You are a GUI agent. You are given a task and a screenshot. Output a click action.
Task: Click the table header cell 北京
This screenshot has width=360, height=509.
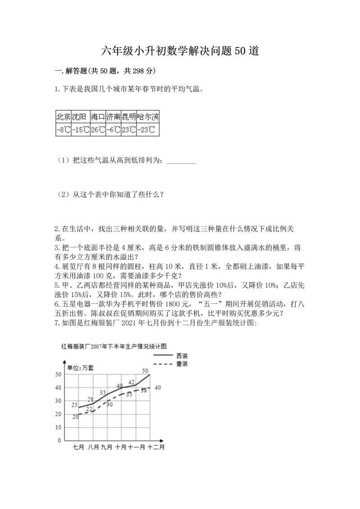point(63,117)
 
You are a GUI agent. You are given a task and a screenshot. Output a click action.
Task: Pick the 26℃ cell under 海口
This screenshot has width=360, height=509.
point(98,130)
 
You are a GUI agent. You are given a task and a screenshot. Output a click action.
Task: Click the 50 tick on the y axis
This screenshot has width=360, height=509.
point(58,374)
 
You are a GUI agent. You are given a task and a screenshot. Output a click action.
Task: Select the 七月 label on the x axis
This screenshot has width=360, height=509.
point(79,447)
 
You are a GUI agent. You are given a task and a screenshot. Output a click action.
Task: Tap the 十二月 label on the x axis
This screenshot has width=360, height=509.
point(156,447)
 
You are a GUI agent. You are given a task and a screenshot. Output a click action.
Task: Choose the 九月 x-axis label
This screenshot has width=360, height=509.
point(107,447)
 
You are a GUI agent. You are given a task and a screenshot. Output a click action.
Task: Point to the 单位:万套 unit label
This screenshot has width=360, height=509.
point(81,367)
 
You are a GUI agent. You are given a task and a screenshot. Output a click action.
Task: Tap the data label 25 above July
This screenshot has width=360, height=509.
point(75,405)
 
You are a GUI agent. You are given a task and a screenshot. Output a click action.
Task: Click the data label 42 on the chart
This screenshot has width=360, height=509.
point(131,382)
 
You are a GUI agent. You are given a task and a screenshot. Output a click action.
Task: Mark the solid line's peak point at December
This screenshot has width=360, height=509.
point(149,374)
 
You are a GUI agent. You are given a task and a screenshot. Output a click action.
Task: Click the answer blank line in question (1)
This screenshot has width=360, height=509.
point(181,162)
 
